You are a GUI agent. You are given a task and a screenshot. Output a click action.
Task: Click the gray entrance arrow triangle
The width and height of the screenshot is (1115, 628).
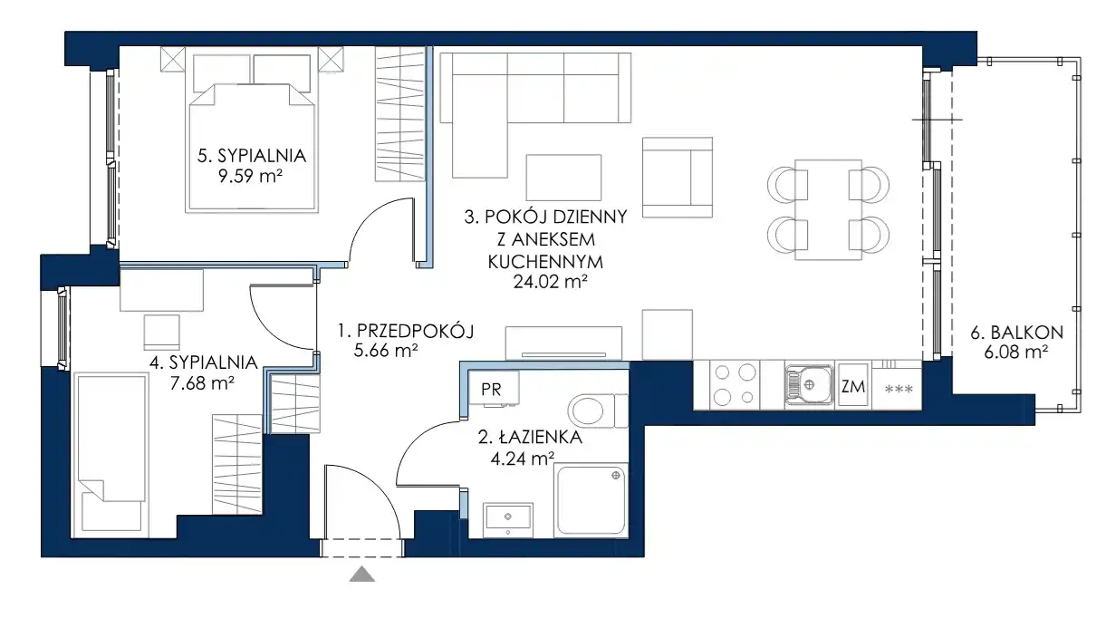362,575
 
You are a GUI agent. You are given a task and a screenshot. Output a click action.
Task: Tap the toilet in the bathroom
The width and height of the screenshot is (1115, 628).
597,411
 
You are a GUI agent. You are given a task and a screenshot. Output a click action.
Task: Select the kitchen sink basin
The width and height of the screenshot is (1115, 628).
809,385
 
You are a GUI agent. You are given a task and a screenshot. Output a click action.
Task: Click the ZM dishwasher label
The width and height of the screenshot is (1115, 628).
853,386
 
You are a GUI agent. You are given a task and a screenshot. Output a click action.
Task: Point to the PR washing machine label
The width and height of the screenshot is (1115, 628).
491,390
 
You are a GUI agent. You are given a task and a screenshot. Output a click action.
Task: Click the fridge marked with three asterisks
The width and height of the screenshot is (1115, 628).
897,385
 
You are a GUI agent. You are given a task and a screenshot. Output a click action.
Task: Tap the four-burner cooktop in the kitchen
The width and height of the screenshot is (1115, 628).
735,385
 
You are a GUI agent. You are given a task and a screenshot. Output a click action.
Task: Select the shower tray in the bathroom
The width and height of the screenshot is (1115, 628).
591,500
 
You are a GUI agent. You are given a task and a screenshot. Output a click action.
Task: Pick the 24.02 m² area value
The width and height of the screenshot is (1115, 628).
551,283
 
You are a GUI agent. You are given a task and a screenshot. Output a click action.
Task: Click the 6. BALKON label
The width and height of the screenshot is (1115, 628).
1016,333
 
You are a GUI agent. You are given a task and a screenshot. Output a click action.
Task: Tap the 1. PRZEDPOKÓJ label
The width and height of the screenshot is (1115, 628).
406,331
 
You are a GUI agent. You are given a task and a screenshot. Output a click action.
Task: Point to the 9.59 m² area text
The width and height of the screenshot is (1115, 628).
250,176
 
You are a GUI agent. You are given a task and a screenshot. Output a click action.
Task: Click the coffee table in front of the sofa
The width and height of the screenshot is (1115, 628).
563,178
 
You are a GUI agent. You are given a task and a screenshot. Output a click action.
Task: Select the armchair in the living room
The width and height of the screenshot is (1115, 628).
677,178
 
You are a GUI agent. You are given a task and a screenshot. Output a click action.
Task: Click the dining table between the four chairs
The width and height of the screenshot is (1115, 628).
828,209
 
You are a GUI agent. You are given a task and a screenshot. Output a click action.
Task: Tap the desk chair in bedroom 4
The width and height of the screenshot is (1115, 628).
162,333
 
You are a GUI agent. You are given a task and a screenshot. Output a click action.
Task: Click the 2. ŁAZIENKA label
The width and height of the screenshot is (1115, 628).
530,438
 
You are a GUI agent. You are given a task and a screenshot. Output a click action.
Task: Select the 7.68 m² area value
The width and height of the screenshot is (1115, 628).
202,383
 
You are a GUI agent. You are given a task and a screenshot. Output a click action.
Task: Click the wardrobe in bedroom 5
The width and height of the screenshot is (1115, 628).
400,114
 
